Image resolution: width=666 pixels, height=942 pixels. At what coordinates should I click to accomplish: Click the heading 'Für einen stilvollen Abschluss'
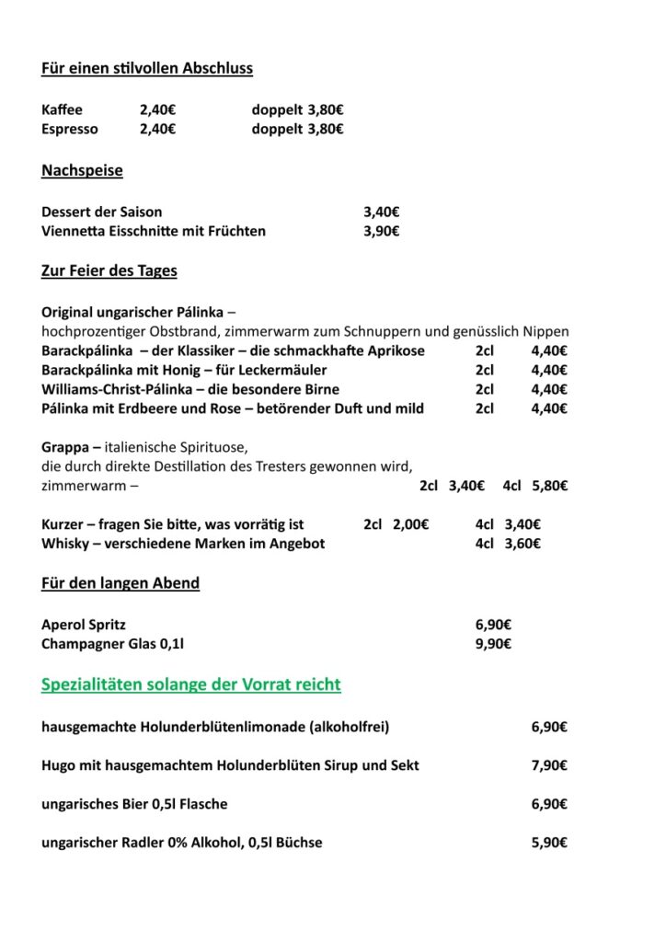[147, 68]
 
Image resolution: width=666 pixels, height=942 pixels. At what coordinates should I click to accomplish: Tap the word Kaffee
[62, 109]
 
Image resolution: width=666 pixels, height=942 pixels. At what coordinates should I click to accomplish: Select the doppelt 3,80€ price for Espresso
[297, 129]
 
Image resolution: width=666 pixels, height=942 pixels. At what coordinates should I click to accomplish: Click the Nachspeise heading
[82, 170]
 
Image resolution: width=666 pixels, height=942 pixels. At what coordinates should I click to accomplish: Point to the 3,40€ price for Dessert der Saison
[381, 212]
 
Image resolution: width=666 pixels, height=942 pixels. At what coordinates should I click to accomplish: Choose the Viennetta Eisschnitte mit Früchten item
[154, 231]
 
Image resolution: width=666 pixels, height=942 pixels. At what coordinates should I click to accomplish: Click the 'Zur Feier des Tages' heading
[109, 270]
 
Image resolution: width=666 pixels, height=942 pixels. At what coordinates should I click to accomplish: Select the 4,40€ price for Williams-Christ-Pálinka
[549, 389]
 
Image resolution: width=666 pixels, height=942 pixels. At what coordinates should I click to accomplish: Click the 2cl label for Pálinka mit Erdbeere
[485, 408]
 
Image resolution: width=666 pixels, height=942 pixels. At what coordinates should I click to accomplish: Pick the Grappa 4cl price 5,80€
[549, 486]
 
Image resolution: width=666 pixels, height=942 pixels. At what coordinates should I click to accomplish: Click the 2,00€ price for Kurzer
[411, 524]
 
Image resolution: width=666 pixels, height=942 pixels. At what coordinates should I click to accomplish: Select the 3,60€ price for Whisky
[522, 544]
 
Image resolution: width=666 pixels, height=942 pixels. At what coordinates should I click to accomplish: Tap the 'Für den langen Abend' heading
[121, 582]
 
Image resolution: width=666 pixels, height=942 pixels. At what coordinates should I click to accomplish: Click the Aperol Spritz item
[84, 625]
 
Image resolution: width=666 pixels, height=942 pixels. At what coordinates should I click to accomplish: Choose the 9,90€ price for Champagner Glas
[494, 644]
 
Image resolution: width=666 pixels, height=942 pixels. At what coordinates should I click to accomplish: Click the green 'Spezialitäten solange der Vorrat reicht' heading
[191, 684]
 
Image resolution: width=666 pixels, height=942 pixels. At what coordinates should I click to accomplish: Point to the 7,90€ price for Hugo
[549, 765]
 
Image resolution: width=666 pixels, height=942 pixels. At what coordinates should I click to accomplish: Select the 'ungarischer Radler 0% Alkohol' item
[182, 843]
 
